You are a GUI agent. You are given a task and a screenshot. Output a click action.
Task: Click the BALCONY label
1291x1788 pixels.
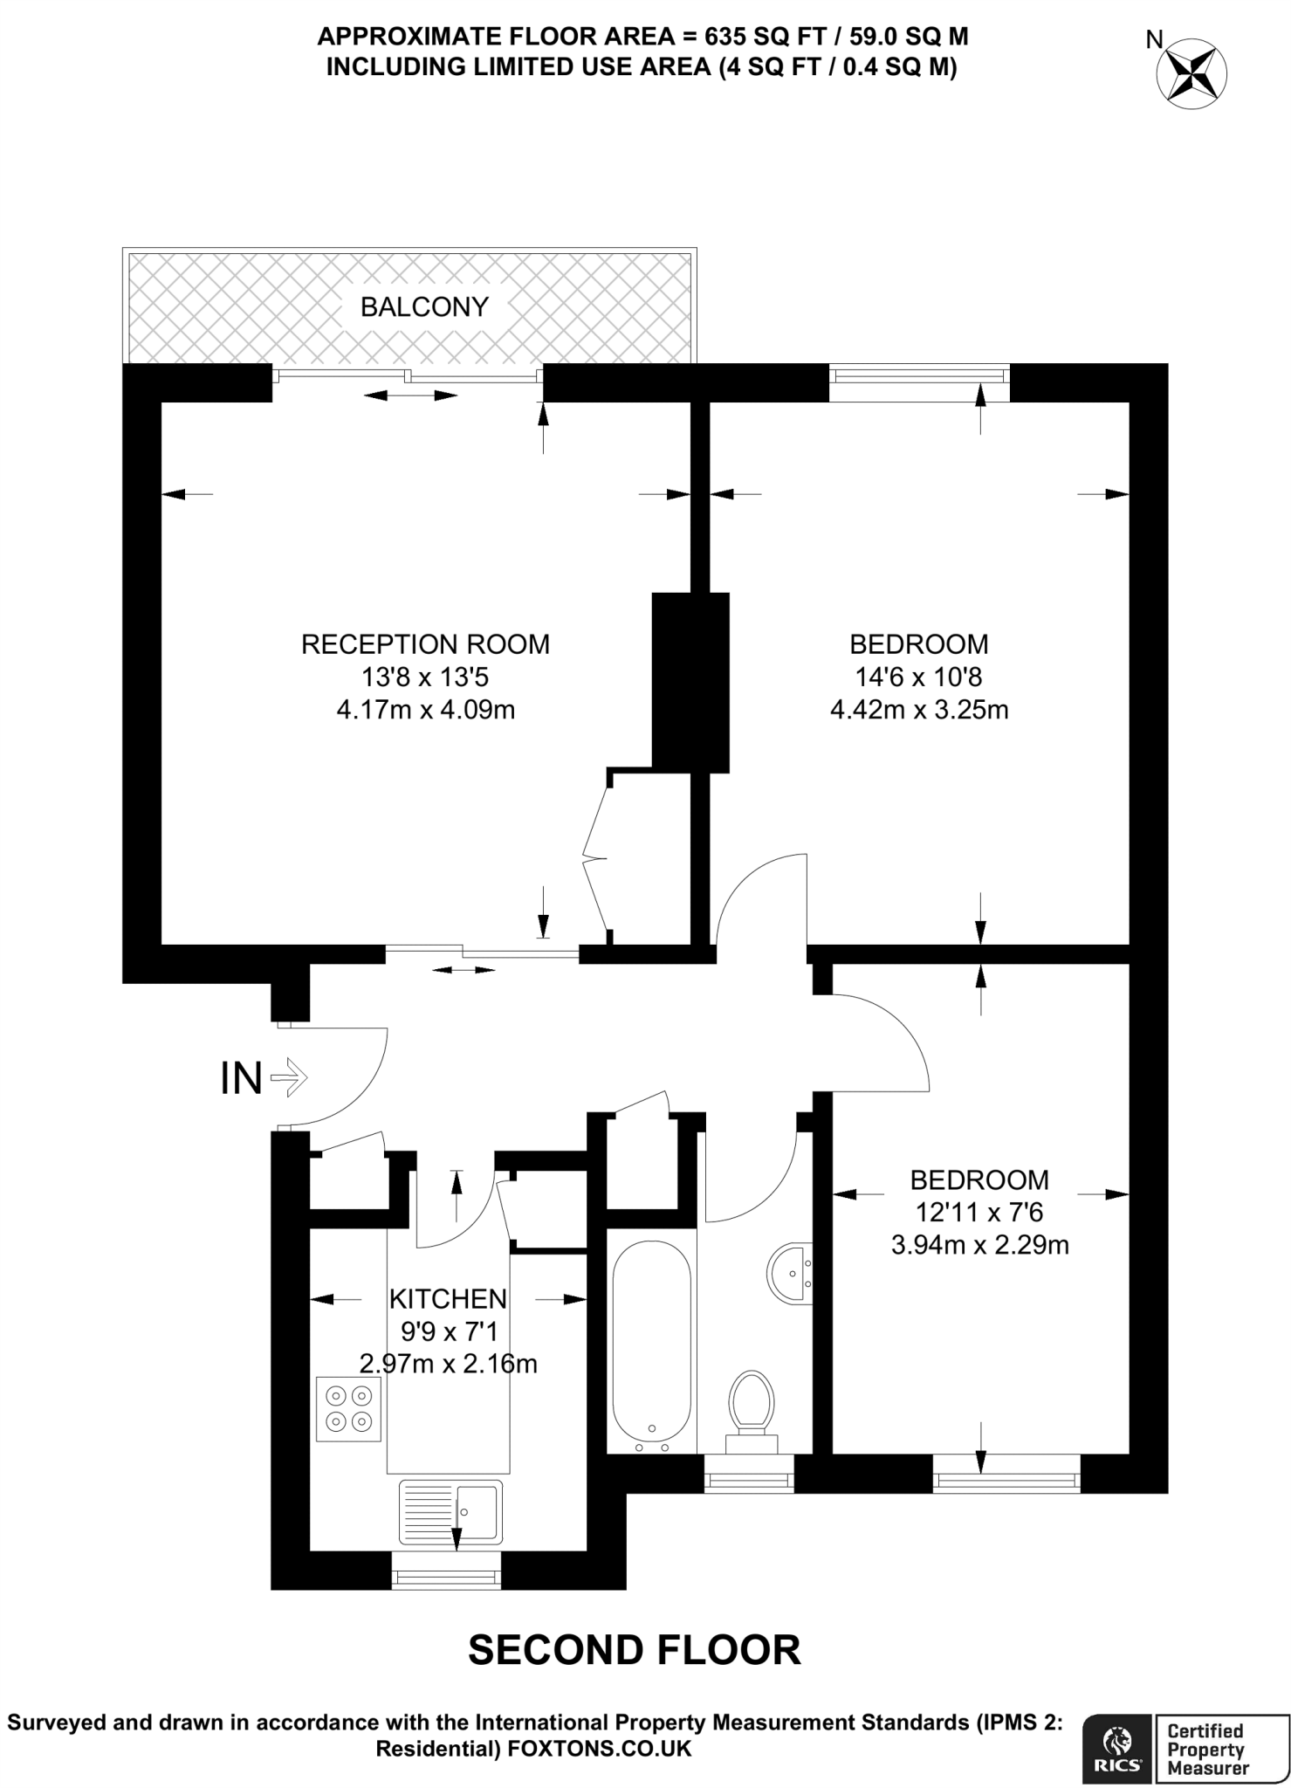pyautogui.click(x=424, y=307)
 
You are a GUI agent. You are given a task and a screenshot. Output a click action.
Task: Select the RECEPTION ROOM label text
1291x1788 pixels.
pyautogui.click(x=425, y=644)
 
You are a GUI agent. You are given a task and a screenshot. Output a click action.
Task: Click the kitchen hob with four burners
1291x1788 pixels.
pyautogui.click(x=349, y=1409)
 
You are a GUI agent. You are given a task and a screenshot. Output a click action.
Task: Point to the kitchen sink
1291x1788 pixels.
pyautogui.click(x=450, y=1511)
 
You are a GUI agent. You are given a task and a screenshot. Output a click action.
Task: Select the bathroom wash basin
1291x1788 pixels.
pyautogui.click(x=791, y=1273)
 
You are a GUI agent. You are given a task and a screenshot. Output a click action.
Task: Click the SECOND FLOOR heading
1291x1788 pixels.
pyautogui.click(x=635, y=1650)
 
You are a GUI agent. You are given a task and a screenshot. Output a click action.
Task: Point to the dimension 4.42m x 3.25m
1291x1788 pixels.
pyautogui.click(x=919, y=710)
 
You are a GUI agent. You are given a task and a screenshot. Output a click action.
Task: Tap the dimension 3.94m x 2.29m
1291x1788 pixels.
pyautogui.click(x=979, y=1245)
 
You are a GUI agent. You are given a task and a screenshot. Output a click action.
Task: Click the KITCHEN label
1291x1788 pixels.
pyautogui.click(x=448, y=1299)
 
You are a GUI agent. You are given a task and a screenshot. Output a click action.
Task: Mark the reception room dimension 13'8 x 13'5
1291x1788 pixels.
pyautogui.click(x=425, y=677)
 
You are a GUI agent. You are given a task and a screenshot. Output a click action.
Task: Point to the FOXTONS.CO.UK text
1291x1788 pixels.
pyautogui.click(x=599, y=1749)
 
